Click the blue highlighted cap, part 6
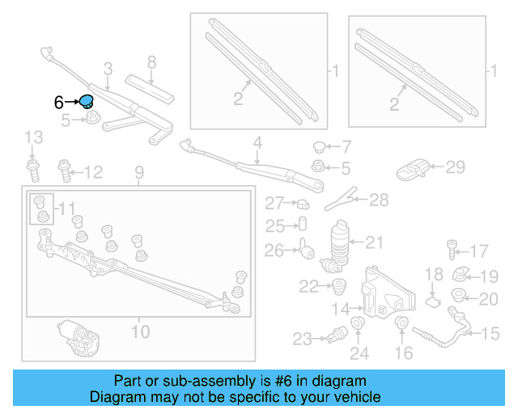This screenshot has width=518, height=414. pos(87,102)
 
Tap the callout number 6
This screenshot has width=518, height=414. pos(58,103)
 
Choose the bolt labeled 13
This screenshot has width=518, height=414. pos(33,169)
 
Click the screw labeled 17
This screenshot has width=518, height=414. pos(452,249)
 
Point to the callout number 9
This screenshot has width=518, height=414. pos(138,171)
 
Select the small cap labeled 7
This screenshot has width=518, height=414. pos(320,147)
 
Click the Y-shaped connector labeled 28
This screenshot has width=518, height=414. pos(345,197)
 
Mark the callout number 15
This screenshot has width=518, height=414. pos(491,333)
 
